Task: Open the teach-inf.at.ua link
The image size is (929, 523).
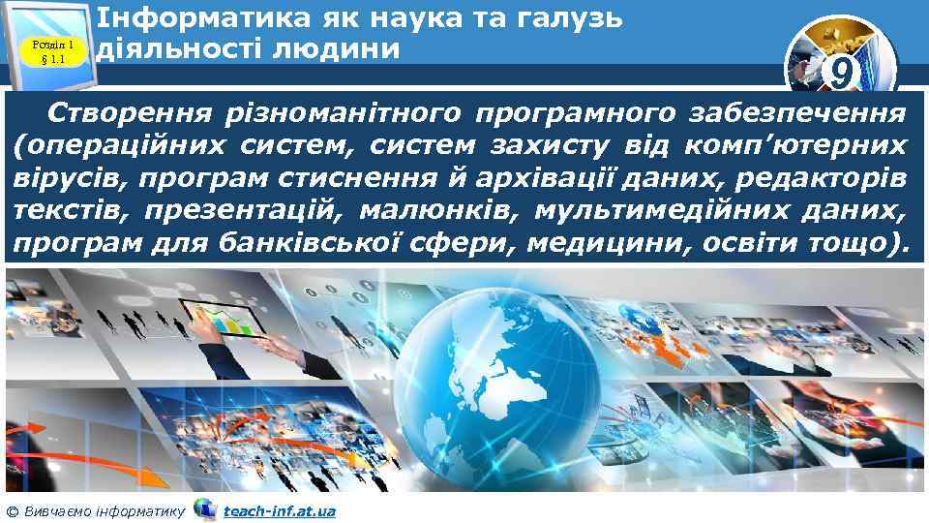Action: click(279, 510)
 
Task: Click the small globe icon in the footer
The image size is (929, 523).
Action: click(204, 508)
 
